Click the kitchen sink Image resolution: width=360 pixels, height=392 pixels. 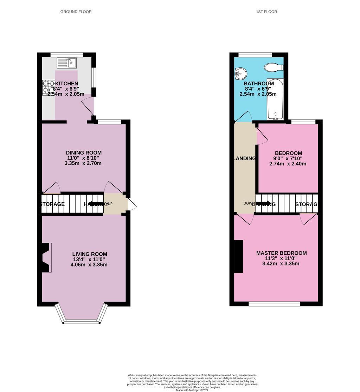[x=67, y=63]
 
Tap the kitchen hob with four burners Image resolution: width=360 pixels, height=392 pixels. [x=49, y=87]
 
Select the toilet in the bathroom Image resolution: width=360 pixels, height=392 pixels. [x=273, y=67]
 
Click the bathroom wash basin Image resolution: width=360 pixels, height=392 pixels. [x=241, y=73]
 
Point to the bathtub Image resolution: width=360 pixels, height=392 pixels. [x=275, y=99]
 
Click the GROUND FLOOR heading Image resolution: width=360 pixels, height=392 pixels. [x=76, y=12]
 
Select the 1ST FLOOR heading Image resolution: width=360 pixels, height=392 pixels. [x=266, y=12]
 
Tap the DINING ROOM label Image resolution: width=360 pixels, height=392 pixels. [x=84, y=153]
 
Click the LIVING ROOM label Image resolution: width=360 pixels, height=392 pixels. [x=90, y=254]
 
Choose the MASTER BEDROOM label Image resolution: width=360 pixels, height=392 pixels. [x=281, y=253]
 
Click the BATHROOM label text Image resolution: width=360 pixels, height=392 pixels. [x=259, y=84]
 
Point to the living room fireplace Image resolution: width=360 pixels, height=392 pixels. [x=46, y=257]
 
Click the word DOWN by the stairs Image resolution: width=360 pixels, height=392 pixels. [x=249, y=203]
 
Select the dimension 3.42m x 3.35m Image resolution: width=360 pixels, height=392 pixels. [x=281, y=263]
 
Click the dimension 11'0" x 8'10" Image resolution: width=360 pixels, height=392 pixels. [x=84, y=158]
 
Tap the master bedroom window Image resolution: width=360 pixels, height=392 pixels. [x=274, y=304]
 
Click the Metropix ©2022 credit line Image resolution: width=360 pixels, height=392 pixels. [x=192, y=390]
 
